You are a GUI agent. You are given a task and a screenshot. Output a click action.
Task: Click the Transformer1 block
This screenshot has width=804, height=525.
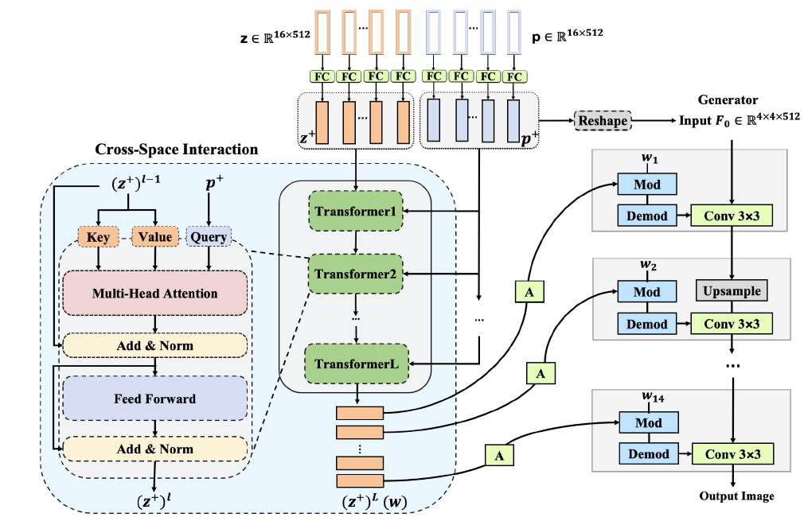tap(355, 212)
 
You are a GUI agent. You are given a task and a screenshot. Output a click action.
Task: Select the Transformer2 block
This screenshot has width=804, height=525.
tap(355, 274)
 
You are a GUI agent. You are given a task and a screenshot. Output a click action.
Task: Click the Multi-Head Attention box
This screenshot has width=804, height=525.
tap(154, 294)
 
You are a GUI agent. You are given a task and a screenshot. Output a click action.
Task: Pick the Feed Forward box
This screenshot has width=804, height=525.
tap(154, 398)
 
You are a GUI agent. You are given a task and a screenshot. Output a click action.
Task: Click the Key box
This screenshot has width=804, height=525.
tap(98, 236)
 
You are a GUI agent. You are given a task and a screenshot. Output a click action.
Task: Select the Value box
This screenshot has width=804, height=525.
tap(154, 236)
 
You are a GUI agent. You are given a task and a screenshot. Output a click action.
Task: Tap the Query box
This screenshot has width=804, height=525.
tap(209, 236)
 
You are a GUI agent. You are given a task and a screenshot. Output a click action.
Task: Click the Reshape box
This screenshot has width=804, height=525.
tap(603, 121)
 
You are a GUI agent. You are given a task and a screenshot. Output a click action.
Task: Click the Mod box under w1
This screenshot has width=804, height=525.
tap(647, 185)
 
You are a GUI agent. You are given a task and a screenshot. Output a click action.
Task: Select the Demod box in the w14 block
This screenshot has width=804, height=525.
tap(647, 454)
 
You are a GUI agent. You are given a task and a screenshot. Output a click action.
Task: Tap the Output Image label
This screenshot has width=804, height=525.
tap(736, 496)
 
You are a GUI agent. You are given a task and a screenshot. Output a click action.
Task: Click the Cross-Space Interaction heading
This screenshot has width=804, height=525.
tap(176, 149)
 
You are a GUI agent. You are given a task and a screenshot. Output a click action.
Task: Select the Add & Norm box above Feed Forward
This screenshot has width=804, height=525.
tap(154, 346)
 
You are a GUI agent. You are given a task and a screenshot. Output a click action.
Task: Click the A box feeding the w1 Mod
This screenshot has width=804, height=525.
tap(529, 292)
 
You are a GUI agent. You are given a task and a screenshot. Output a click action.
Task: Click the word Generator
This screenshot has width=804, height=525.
tap(728, 100)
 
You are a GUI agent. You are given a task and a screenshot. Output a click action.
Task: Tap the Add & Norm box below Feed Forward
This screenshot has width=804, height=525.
tap(154, 449)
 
